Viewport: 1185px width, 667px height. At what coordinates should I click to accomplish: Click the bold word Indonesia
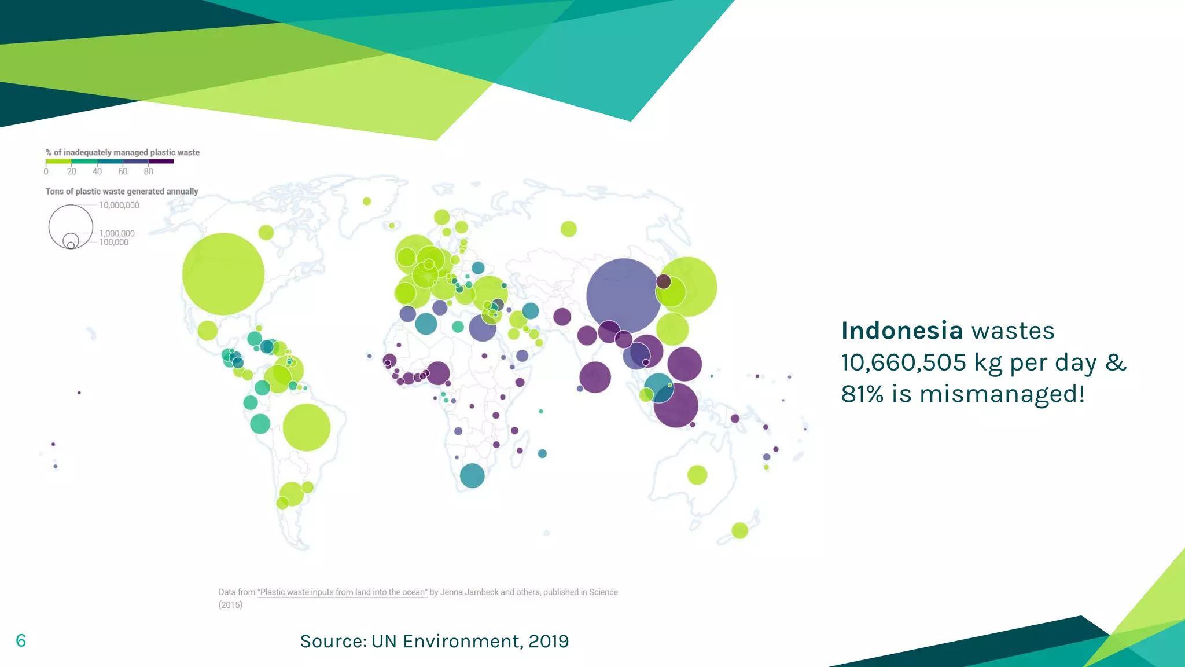click(901, 331)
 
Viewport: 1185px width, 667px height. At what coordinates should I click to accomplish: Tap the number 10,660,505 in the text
click(903, 363)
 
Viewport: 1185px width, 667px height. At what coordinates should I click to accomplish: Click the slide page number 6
click(21, 640)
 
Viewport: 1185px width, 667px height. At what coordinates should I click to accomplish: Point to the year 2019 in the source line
click(549, 642)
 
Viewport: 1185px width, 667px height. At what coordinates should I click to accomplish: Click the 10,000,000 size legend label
click(119, 206)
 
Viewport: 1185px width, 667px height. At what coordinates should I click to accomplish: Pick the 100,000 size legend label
click(114, 243)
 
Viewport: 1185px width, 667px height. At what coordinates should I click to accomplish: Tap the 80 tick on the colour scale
click(149, 171)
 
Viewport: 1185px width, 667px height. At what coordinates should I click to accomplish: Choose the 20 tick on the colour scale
click(72, 171)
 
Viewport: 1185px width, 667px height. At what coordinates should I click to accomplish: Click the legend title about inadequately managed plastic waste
click(123, 153)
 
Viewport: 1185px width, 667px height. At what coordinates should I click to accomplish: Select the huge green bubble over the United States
click(223, 274)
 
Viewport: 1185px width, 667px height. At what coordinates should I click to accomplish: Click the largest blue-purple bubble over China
click(623, 296)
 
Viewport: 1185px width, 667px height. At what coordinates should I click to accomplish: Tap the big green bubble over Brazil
click(306, 427)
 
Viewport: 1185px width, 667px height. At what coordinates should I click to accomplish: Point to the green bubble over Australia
click(697, 475)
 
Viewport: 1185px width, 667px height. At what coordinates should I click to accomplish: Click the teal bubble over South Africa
click(472, 475)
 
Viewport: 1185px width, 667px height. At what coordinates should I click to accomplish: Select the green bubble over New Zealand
click(739, 530)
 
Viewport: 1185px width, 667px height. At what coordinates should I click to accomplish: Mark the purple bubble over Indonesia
click(676, 405)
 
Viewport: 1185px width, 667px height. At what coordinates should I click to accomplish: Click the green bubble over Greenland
click(367, 201)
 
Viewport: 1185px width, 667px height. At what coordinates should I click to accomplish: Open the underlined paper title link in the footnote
click(343, 592)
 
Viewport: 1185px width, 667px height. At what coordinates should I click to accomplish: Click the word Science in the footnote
click(603, 592)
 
